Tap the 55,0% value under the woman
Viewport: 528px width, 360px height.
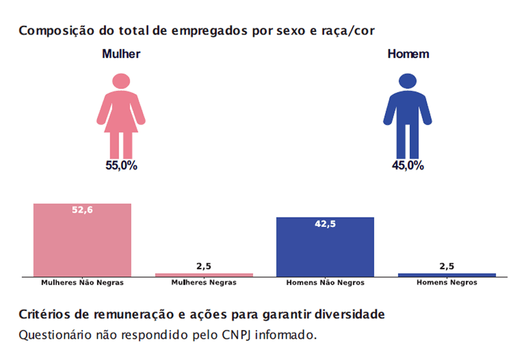point(121,166)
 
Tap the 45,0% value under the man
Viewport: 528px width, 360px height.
point(408,166)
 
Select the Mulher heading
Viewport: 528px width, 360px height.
point(121,54)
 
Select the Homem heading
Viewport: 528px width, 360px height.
point(408,54)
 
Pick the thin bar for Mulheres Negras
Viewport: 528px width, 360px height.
point(204,274)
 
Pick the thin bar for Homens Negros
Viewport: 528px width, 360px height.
point(446,274)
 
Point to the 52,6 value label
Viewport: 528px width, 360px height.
point(82,210)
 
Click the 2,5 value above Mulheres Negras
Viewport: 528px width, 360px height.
point(204,266)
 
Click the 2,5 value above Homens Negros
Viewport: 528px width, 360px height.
point(446,266)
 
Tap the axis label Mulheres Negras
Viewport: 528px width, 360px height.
point(204,283)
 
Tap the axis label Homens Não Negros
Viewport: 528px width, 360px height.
point(325,283)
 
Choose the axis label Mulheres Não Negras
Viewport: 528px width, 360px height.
point(82,283)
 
